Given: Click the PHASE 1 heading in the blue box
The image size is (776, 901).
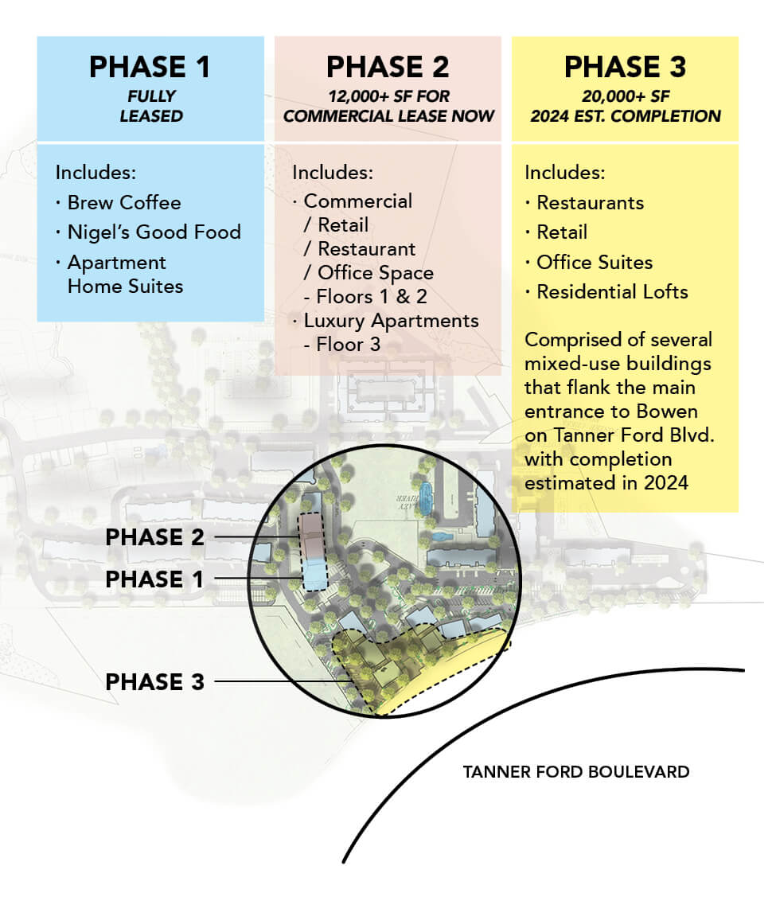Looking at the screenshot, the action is pyautogui.click(x=150, y=67).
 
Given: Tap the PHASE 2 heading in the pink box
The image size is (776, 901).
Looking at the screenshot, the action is pyautogui.click(x=388, y=67).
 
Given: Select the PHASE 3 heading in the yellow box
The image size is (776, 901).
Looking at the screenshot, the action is pyautogui.click(x=625, y=67).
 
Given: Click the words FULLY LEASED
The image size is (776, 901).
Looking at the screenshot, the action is pyautogui.click(x=151, y=106).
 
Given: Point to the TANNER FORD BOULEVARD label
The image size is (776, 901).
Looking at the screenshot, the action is pyautogui.click(x=576, y=772).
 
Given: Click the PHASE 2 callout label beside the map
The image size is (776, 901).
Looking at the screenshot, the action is pyautogui.click(x=154, y=537).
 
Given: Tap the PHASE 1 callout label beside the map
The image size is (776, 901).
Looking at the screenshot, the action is pyautogui.click(x=154, y=579).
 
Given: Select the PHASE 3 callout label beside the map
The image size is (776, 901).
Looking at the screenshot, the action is pyautogui.click(x=154, y=682).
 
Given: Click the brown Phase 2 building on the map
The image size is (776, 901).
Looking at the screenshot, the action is pyautogui.click(x=311, y=536).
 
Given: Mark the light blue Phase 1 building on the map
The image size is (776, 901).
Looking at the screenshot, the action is pyautogui.click(x=314, y=575).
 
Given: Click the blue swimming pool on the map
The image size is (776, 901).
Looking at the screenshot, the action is pyautogui.click(x=426, y=497).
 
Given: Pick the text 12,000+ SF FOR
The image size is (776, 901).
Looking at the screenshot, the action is pyautogui.click(x=389, y=96).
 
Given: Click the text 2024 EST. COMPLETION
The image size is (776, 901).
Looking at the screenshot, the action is pyautogui.click(x=626, y=116).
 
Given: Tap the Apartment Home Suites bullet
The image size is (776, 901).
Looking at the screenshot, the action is pyautogui.click(x=119, y=274).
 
